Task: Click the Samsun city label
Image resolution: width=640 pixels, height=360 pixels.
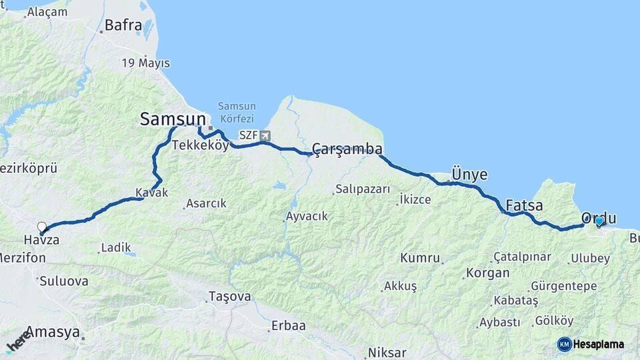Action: tap(172, 119)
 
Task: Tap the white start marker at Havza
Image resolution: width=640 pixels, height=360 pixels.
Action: tap(42, 227)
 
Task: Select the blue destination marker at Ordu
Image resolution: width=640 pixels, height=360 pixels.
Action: tap(599, 221)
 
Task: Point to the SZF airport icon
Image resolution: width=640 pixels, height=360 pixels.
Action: tap(266, 136)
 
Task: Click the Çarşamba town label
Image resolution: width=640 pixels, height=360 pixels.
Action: tap(347, 148)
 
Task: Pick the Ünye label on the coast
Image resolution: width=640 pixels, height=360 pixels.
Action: tap(469, 175)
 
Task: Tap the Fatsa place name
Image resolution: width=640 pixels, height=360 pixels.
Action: tap(524, 205)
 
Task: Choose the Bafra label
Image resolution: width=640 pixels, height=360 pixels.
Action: tap(124, 26)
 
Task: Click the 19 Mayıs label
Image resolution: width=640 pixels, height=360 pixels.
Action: tap(145, 63)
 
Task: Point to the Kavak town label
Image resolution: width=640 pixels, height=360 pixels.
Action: tap(151, 193)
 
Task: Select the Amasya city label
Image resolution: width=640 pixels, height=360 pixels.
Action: tap(53, 333)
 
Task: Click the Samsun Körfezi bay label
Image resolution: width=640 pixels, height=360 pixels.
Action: tap(237, 111)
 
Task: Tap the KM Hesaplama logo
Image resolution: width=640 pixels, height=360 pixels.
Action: tap(591, 344)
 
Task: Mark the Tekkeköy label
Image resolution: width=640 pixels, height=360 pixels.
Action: tap(200, 145)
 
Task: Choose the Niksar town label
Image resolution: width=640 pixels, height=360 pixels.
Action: tap(387, 353)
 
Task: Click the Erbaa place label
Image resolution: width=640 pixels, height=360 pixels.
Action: tap(287, 326)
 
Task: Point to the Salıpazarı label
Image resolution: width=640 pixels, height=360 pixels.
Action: tap(363, 189)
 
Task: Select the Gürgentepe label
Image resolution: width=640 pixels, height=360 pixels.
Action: tap(564, 286)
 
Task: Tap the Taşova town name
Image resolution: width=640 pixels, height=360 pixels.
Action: tap(229, 296)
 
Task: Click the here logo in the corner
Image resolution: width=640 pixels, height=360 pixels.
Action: tap(18, 341)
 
